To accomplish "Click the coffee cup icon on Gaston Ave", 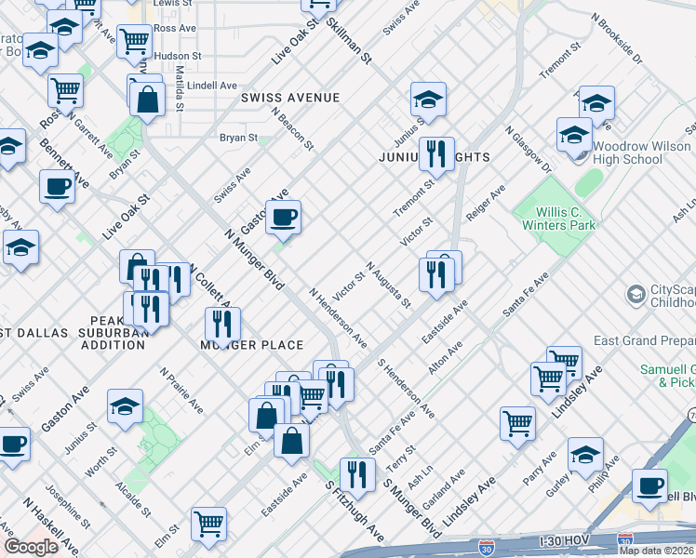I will (283, 219).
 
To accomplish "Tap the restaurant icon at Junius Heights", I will (435, 153).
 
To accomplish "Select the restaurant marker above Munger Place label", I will (222, 325).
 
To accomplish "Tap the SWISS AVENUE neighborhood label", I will (289, 98).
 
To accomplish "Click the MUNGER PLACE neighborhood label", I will (252, 345).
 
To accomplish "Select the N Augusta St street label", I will (389, 286).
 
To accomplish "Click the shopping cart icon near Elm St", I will (208, 523).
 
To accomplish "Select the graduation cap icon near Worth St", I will (125, 405).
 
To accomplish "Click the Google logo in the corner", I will (32, 547).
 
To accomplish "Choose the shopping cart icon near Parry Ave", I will (518, 423).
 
